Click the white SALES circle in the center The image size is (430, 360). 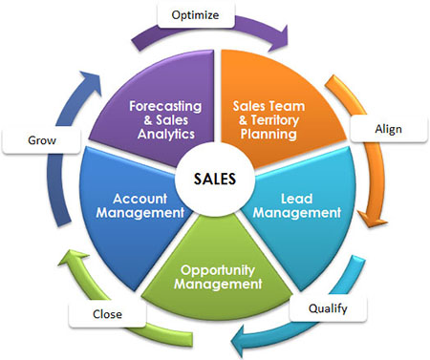click(x=215, y=179)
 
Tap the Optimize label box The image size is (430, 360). click(x=196, y=14)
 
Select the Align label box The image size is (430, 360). click(x=389, y=129)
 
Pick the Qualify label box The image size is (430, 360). click(x=328, y=308)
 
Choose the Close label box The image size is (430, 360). click(x=107, y=314)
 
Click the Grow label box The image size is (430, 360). click(x=42, y=140)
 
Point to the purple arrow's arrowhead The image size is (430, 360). click(x=280, y=39)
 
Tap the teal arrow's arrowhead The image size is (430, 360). click(x=242, y=341)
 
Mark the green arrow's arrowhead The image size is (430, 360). click(x=73, y=259)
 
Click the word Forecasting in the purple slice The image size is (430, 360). click(x=165, y=106)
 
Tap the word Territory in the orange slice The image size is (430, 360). click(x=275, y=120)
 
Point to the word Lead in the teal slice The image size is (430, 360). click(x=296, y=199)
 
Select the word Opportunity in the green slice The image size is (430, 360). click(x=218, y=270)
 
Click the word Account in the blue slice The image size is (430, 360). click(x=140, y=199)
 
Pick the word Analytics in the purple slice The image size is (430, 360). click(x=166, y=134)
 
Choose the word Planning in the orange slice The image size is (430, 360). click(x=269, y=134)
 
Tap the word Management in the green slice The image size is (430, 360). click(x=218, y=284)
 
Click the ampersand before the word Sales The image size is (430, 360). click(x=148, y=120)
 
